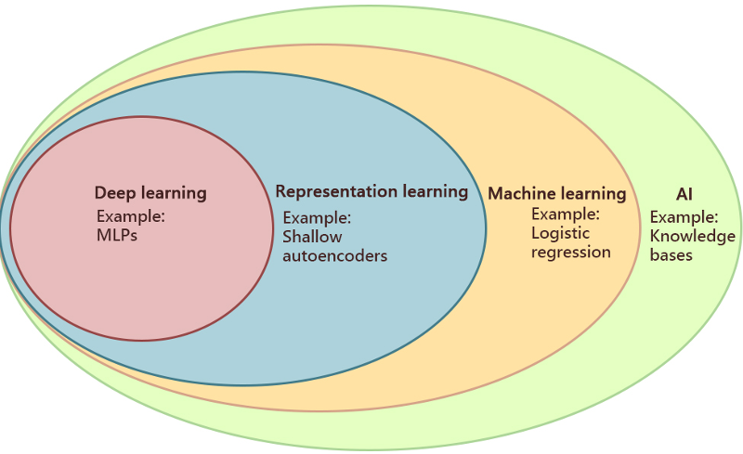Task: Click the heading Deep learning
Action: pos(150,194)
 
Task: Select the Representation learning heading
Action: pos(371,192)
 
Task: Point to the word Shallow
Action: pos(312,237)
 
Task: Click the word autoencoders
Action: pos(334,255)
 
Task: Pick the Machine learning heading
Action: pos(557,194)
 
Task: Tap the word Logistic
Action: pos(560,233)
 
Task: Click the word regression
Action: pos(570,252)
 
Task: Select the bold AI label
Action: pos(684,195)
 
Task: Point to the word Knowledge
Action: pos(692,236)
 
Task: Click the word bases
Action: pos(671,254)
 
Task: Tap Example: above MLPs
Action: pos(131,216)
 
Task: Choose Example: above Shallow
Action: pos(317,218)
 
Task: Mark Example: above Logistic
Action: pos(565,214)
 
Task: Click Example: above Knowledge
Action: pos(684,217)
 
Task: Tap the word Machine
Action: pos(520,194)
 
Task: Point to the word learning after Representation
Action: pos(435,192)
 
